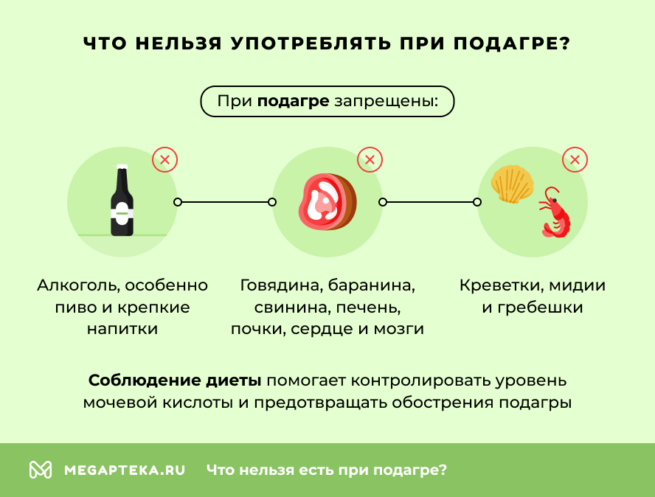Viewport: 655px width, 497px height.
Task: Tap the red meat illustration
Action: tap(327, 201)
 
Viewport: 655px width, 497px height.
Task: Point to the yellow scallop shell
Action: tap(511, 184)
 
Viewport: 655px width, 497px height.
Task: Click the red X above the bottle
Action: tap(164, 159)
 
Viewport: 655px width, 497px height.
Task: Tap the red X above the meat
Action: tap(370, 159)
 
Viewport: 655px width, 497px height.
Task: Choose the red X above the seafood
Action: tap(575, 159)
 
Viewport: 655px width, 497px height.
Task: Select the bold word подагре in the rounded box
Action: tap(293, 101)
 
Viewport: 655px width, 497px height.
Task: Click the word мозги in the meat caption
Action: tap(401, 329)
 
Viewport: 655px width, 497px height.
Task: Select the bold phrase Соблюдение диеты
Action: tap(175, 381)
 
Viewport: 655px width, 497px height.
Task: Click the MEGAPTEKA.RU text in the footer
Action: tap(125, 470)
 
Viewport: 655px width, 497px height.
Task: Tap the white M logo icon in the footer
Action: tap(41, 470)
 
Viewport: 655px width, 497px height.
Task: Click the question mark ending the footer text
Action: tap(443, 470)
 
